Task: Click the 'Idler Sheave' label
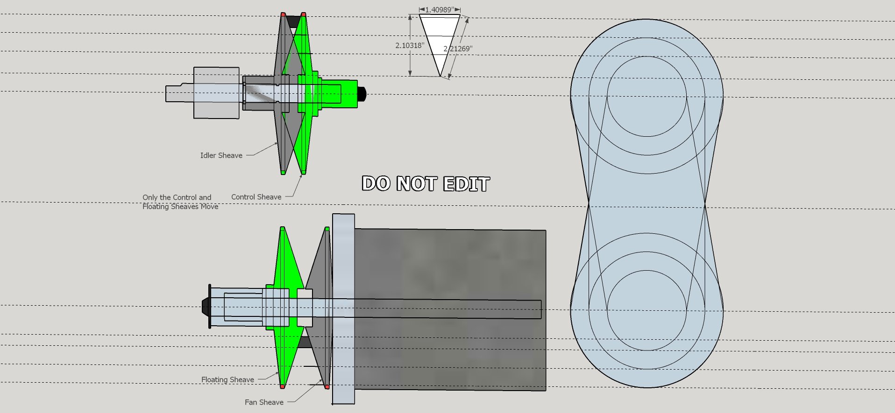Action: pyautogui.click(x=221, y=155)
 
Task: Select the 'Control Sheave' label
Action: pyautogui.click(x=256, y=197)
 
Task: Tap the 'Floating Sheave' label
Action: pyautogui.click(x=227, y=380)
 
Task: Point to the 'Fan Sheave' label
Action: pyautogui.click(x=264, y=402)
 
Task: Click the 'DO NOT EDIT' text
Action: pyautogui.click(x=426, y=184)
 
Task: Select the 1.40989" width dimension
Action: pyautogui.click(x=440, y=10)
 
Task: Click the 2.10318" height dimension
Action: pyautogui.click(x=410, y=45)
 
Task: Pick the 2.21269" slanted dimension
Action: pyautogui.click(x=458, y=49)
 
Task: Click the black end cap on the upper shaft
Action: pyautogui.click(x=362, y=94)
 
